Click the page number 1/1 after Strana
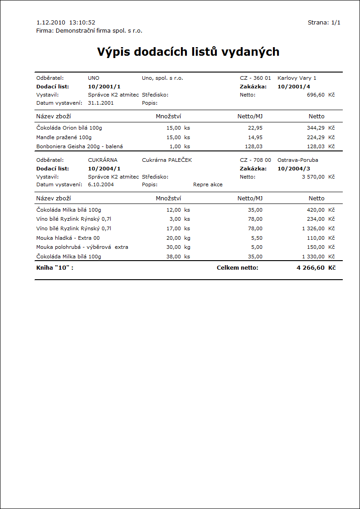click(336, 22)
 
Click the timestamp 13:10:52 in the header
click(82, 22)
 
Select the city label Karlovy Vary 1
click(297, 78)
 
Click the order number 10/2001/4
click(294, 86)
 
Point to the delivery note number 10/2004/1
click(104, 168)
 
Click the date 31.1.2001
click(101, 103)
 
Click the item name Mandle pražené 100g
click(64, 137)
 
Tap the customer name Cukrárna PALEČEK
click(167, 160)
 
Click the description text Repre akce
click(208, 184)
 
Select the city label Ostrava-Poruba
click(298, 160)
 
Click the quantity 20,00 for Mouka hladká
click(174, 238)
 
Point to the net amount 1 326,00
click(313, 228)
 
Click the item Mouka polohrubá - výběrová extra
click(82, 247)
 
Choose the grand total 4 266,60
click(311, 268)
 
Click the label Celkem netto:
click(237, 268)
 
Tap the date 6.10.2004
click(101, 184)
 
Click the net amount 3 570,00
click(313, 177)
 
